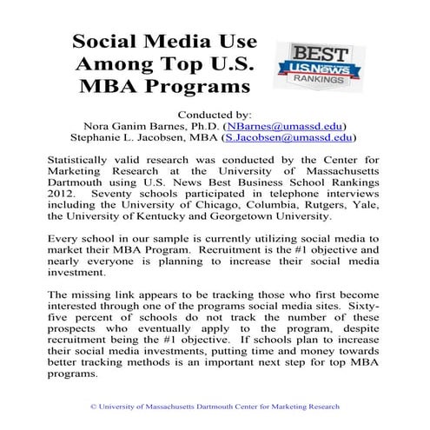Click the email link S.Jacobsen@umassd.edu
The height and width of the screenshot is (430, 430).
click(x=288, y=137)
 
